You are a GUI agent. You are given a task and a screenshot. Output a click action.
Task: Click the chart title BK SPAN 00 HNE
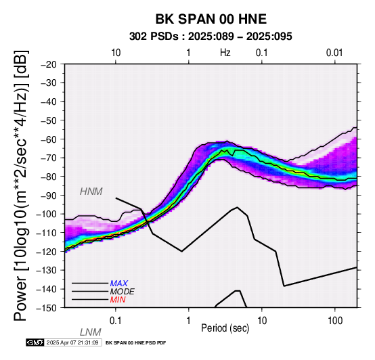[x=211, y=19]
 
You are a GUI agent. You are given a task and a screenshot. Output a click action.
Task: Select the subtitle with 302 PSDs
[x=211, y=37]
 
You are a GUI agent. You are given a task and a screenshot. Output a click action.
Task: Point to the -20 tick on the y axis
[x=49, y=64]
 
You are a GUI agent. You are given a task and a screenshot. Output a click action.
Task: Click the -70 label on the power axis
[x=49, y=158]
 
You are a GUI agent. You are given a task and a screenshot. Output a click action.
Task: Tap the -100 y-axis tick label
[x=47, y=214]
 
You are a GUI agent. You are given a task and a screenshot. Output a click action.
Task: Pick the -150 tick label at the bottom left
[x=47, y=308]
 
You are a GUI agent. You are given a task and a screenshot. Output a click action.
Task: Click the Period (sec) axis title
[x=225, y=328]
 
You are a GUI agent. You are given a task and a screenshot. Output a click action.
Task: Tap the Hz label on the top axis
[x=225, y=53]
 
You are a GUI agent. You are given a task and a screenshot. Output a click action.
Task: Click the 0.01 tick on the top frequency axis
[x=334, y=53]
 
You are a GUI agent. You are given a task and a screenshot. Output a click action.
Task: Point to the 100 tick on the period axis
[x=335, y=321]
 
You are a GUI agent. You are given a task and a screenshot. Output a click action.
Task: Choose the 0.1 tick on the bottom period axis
[x=116, y=321]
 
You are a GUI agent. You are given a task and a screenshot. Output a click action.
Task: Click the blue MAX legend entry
[x=119, y=284]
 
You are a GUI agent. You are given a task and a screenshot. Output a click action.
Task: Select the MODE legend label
[x=123, y=292]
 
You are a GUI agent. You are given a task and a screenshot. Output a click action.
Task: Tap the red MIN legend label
[x=118, y=300]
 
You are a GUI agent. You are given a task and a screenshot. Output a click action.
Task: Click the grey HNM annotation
[x=91, y=192]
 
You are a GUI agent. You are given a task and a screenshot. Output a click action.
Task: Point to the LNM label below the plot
[x=91, y=332]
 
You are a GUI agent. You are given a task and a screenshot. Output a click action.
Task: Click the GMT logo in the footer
[x=35, y=342]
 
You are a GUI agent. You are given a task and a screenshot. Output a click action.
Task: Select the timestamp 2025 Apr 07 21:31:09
[x=72, y=342]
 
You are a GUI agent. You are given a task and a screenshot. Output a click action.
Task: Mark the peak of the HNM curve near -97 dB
[x=237, y=207]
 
